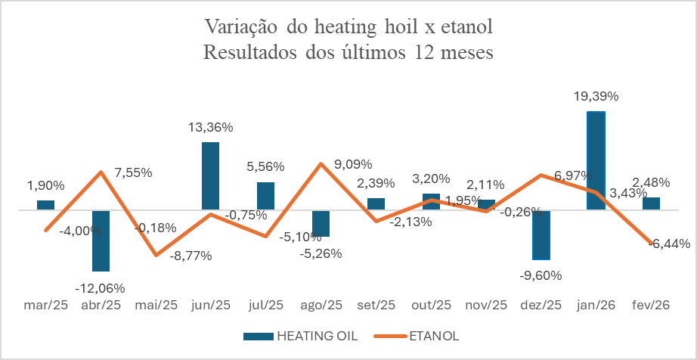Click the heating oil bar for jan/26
[596, 160]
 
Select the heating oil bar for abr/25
[101, 241]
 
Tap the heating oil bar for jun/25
[210, 175]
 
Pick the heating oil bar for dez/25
[541, 234]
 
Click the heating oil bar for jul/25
[265, 195]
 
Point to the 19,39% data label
[596, 97]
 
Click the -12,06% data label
[101, 287]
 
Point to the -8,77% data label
[186, 256]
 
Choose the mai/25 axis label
[156, 306]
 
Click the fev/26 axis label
[652, 306]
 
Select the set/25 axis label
[376, 306]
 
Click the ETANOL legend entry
[434, 335]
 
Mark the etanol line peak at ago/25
[321, 163]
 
